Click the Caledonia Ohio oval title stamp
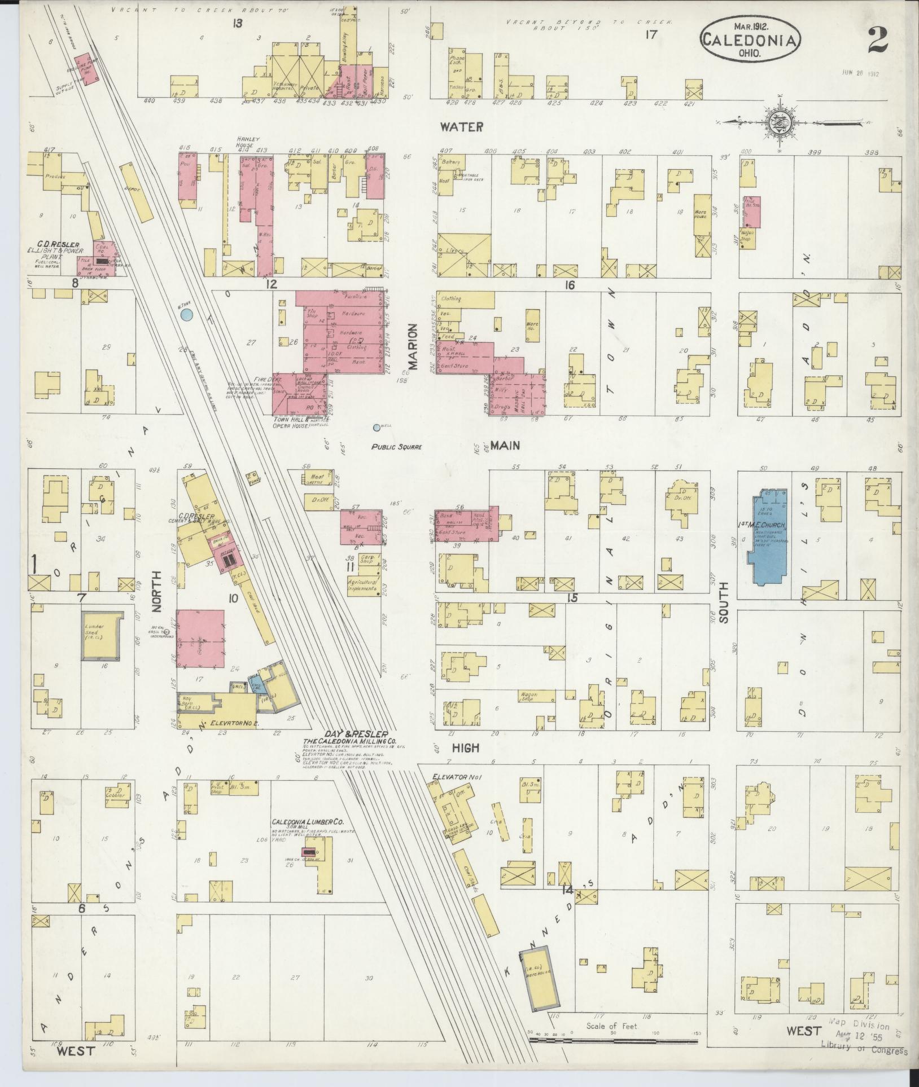750,39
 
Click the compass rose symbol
779,122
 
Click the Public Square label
397,447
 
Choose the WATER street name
461,127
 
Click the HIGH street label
466,749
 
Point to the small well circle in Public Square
377,428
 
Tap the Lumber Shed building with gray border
101,635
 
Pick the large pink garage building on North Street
201,639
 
